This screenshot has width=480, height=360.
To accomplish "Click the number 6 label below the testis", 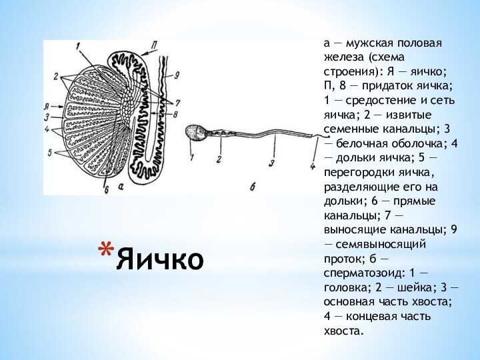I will (x=106, y=189).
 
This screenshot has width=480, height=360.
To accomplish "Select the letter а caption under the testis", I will (x=119, y=188).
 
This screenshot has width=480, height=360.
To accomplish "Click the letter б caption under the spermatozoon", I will (x=253, y=188).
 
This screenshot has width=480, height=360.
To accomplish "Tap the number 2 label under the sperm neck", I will (x=218, y=159).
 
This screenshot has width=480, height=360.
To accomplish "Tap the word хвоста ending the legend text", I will (x=343, y=331).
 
